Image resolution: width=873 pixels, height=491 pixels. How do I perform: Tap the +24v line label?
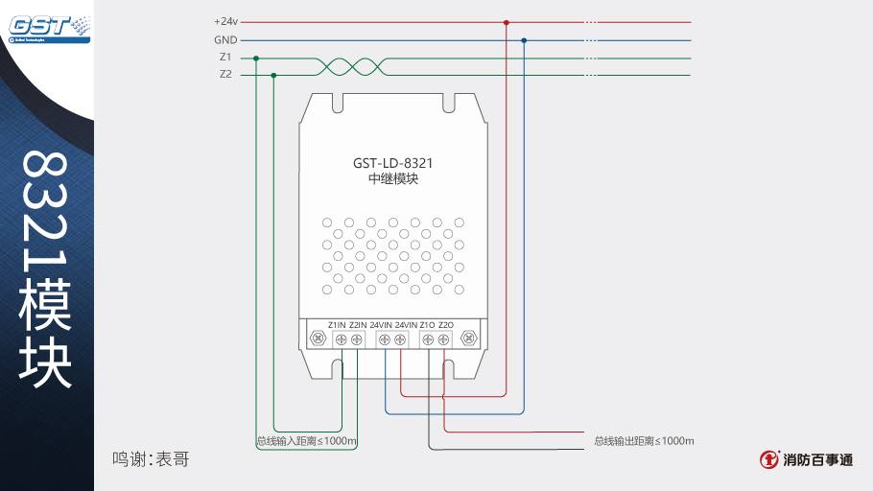pos(224,21)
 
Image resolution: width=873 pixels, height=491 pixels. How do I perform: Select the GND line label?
pos(225,40)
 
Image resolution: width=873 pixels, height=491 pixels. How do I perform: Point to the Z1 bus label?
pos(225,58)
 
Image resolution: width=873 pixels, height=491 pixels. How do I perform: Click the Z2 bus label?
pos(225,74)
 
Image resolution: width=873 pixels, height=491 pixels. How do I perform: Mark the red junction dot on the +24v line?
pos(506,22)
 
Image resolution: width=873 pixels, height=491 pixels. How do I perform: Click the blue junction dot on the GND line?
pos(524,40)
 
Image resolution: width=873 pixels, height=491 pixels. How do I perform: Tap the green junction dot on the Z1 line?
pos(256,58)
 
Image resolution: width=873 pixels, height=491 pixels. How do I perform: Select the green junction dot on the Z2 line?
pos(274,74)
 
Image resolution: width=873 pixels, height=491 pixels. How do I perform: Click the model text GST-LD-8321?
pos(393,162)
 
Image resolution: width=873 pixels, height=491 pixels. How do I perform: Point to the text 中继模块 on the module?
pos(393,179)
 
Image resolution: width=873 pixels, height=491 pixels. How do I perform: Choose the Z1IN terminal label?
pos(337,325)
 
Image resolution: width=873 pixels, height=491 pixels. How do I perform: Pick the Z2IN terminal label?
pos(358,325)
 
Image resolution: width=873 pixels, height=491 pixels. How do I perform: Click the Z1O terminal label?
pos(427,325)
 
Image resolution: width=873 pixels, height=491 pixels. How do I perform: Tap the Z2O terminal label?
pos(446,325)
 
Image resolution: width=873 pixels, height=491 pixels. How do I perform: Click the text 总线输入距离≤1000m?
pos(307,441)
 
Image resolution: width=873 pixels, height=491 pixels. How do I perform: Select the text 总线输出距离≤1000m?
pos(644,441)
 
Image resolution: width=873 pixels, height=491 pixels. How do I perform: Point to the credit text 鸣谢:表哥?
pos(151,459)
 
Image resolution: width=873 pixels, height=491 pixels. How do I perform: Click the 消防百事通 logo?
pos(806,460)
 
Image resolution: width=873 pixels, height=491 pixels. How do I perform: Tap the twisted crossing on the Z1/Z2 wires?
pos(349,65)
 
